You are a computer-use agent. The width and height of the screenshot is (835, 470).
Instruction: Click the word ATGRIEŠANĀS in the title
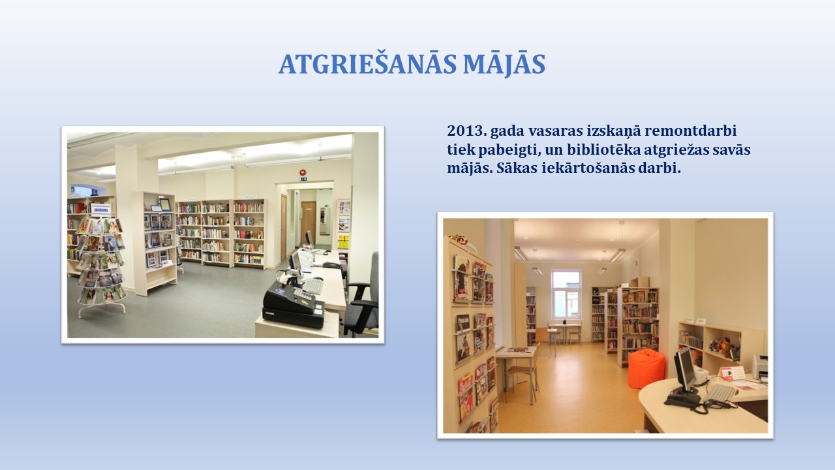[x=367, y=64]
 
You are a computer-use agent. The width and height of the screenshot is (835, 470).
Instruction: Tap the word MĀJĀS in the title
[x=504, y=64]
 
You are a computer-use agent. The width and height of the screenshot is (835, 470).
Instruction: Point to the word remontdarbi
[x=691, y=131]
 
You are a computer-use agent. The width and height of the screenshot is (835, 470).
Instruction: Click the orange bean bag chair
[x=646, y=369]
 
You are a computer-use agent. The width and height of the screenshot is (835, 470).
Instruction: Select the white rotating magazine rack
[x=100, y=265]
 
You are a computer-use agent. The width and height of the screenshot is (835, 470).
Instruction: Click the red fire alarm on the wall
[x=302, y=172]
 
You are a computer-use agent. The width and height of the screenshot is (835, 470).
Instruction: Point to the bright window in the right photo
[x=566, y=294]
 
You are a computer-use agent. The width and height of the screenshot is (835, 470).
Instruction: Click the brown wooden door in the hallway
[x=309, y=223]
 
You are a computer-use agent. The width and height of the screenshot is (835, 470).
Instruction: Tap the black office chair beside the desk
[x=362, y=294]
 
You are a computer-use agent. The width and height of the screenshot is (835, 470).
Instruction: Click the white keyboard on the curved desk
[x=721, y=393]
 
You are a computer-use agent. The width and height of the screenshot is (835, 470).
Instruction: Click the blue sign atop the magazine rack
[x=101, y=210]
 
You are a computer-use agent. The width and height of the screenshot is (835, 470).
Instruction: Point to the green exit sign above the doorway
[x=303, y=180]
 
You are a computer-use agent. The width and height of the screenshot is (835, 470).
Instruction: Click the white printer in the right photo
[x=760, y=367]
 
